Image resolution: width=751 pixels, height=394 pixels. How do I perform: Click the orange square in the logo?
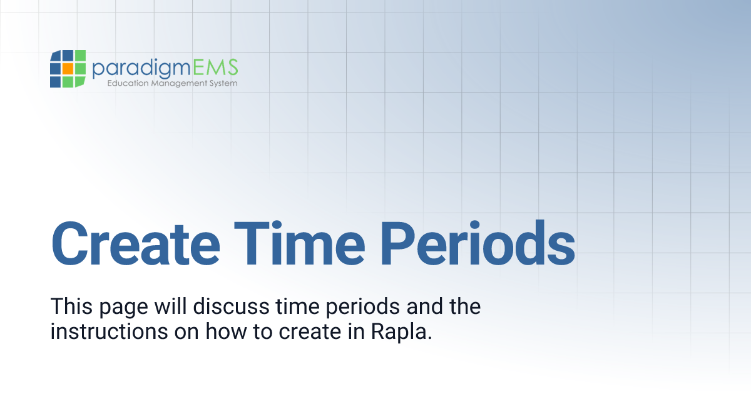(x=68, y=68)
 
